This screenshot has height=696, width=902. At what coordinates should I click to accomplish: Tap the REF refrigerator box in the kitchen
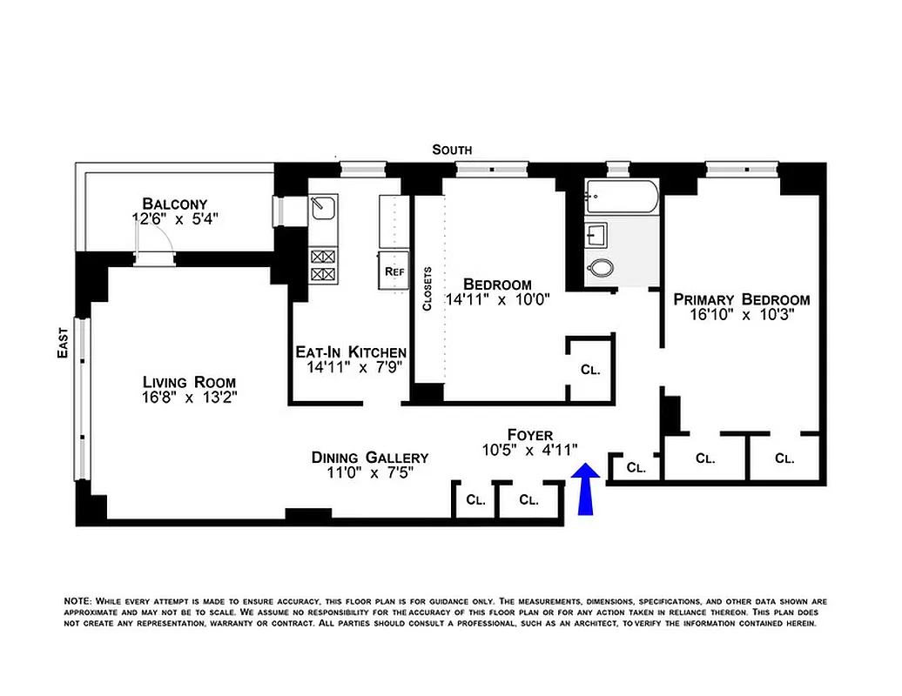pos(394,271)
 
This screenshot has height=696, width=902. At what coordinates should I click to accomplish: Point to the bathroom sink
pos(598,234)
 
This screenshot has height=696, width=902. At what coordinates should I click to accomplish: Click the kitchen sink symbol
pos(324,207)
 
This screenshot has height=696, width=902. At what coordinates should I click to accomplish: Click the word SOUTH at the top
pos(452,150)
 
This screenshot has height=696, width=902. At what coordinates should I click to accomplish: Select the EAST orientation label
pos(63,342)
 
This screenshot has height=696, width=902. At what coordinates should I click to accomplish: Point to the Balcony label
pos(176,204)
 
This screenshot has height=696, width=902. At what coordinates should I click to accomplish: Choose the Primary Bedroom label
pos(742,299)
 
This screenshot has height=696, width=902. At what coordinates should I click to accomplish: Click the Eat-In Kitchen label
pos(351,351)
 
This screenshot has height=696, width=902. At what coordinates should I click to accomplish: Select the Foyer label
pos(529,434)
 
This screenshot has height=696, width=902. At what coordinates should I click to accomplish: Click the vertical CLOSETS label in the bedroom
pos(427,288)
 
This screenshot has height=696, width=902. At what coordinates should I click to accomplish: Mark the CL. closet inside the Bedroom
pos(590,369)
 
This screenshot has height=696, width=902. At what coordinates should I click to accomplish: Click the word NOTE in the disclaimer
pos(77,601)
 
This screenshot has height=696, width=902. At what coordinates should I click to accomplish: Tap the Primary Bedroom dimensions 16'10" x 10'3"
pos(742,316)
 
